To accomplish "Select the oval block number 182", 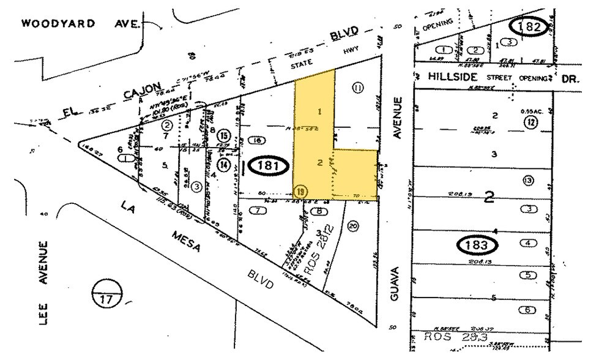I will click(528, 27).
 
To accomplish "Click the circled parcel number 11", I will click(358, 88).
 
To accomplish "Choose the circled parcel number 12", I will click(531, 123).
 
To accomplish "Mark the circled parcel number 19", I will click(300, 190).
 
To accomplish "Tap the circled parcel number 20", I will click(352, 226).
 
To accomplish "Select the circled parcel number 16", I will click(258, 140).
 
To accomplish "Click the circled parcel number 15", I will click(225, 135).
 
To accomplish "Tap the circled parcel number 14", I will click(225, 163).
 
